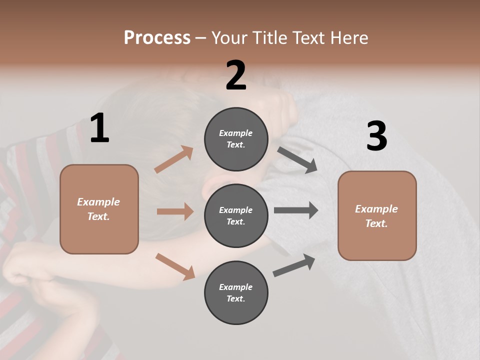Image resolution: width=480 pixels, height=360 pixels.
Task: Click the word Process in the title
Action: (157, 38)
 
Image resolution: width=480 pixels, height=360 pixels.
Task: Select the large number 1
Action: (99, 128)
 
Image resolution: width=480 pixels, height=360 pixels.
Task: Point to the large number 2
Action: (236, 75)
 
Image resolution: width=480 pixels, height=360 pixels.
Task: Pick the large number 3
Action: (376, 136)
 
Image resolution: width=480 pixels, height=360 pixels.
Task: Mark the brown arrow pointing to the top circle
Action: (174, 159)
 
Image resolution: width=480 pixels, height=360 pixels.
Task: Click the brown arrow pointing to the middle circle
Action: (175, 211)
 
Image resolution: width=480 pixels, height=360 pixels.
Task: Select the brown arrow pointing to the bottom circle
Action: (175, 266)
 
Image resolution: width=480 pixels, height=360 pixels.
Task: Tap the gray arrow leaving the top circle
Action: (297, 160)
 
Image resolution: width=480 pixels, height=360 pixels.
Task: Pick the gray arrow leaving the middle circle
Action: (296, 210)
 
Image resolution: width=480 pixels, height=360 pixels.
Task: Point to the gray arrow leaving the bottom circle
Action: (294, 265)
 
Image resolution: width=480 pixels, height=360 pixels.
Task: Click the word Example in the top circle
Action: (236, 133)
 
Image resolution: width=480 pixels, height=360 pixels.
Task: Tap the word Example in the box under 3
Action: (376, 209)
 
